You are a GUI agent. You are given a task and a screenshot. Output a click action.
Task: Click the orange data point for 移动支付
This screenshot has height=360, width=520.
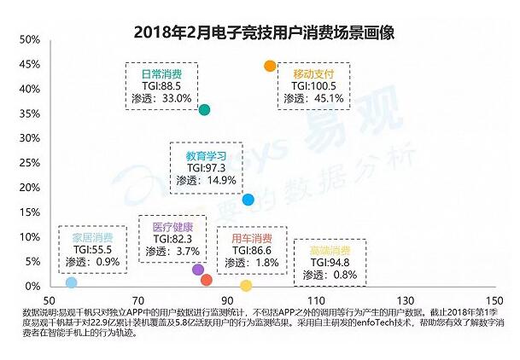click(270, 66)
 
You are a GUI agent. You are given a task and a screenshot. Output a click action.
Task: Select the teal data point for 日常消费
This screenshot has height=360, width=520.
click(204, 110)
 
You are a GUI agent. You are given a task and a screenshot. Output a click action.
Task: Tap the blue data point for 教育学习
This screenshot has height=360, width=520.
click(248, 200)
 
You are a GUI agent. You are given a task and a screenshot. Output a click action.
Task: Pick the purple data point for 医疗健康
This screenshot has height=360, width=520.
click(198, 270)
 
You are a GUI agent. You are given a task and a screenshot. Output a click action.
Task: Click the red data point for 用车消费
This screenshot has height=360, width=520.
click(206, 280)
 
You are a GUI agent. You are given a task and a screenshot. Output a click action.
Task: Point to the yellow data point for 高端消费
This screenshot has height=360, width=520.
click(247, 286)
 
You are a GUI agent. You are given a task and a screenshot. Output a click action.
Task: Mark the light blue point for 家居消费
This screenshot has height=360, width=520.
click(72, 282)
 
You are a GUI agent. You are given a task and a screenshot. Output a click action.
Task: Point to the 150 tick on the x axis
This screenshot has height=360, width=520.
click(493, 301)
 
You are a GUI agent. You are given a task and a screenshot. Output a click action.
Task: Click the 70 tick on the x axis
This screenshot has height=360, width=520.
click(139, 301)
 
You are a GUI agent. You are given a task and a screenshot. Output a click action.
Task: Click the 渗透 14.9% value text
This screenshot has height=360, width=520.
click(205, 180)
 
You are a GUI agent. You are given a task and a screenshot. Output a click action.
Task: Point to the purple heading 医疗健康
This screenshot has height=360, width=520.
click(172, 227)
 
